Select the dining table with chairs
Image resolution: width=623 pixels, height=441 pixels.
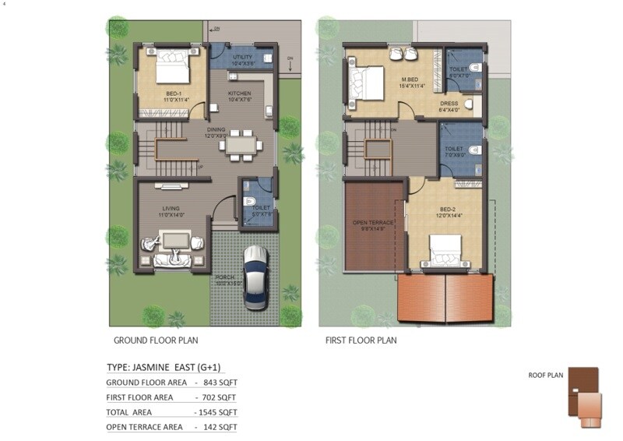tap(241, 145)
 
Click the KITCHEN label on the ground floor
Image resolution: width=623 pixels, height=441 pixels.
tap(240, 94)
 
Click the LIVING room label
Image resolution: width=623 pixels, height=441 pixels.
tap(171, 209)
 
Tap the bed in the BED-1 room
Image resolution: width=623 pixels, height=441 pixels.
tap(173, 67)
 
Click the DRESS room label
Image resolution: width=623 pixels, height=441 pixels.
tap(449, 103)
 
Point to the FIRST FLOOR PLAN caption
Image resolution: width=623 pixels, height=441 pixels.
tap(361, 340)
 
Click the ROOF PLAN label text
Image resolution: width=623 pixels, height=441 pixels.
tap(545, 375)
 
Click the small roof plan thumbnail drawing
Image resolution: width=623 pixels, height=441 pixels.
tap(585, 397)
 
